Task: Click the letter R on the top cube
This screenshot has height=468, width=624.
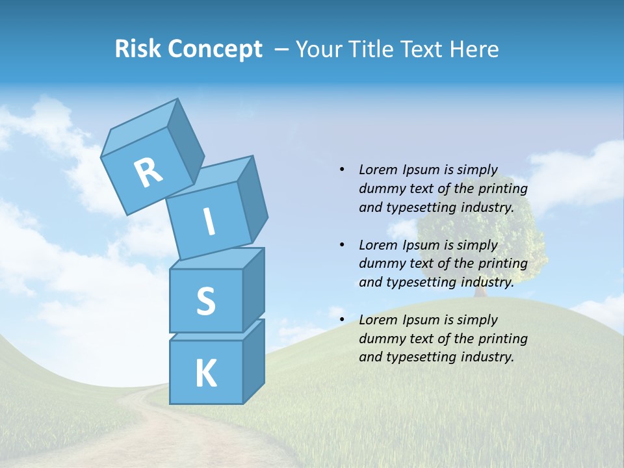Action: click(x=148, y=172)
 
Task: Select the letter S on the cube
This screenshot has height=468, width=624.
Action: click(x=205, y=300)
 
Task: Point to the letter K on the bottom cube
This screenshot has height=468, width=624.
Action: click(x=205, y=374)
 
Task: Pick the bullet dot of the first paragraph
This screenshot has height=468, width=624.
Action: click(x=343, y=170)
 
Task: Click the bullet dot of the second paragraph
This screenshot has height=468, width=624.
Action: click(x=343, y=245)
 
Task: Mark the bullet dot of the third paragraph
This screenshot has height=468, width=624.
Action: click(x=343, y=320)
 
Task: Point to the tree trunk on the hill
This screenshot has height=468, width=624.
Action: click(x=480, y=291)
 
